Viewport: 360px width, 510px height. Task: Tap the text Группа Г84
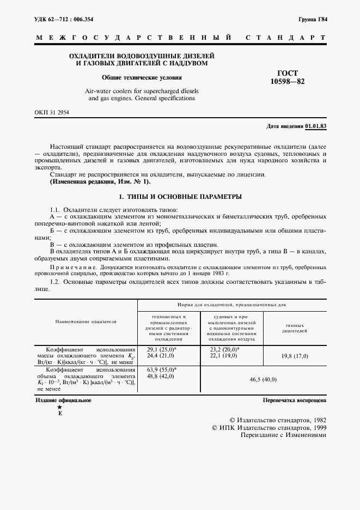[312, 19]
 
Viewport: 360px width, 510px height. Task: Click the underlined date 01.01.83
[316, 126]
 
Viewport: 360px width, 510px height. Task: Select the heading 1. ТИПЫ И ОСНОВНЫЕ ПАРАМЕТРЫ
[180, 196]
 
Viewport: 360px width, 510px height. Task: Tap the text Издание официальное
[63, 400]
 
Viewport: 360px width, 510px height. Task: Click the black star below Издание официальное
[59, 408]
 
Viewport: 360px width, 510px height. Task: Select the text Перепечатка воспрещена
[294, 400]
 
